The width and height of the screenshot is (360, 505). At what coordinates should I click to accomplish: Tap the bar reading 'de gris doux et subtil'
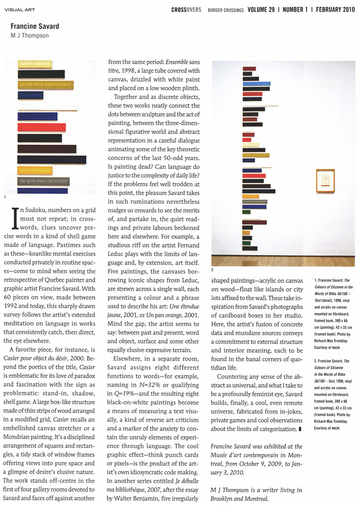(x=43, y=181)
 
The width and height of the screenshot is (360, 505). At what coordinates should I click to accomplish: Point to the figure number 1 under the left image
(x=5, y=197)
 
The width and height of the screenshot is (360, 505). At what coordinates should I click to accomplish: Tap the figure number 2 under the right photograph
(x=213, y=269)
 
